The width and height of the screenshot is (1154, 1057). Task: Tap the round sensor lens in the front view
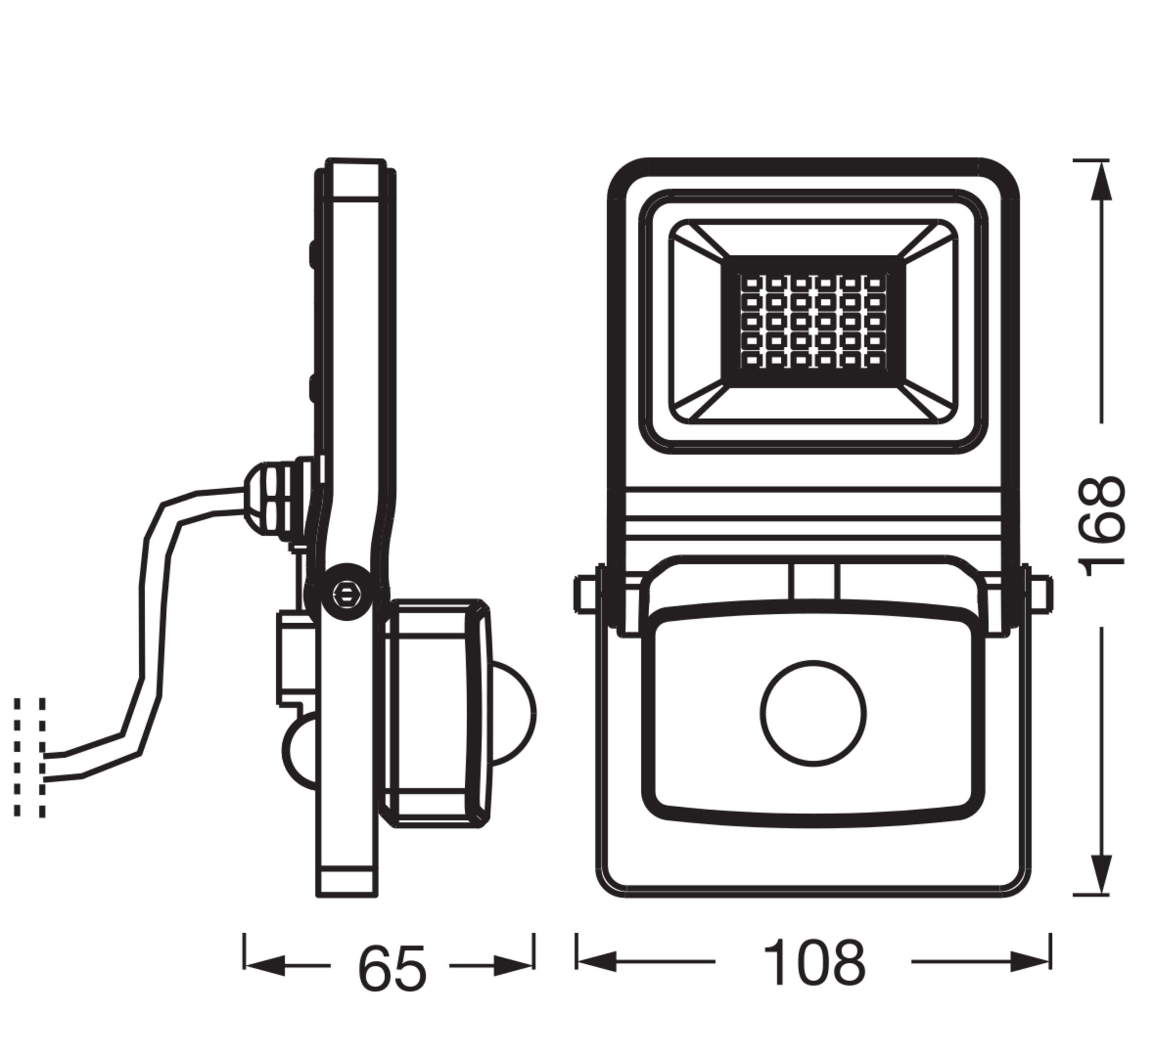click(813, 713)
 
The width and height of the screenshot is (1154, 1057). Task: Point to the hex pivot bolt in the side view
click(344, 594)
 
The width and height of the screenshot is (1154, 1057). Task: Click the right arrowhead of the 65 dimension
click(514, 965)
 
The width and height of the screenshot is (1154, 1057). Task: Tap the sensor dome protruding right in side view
click(514, 713)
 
